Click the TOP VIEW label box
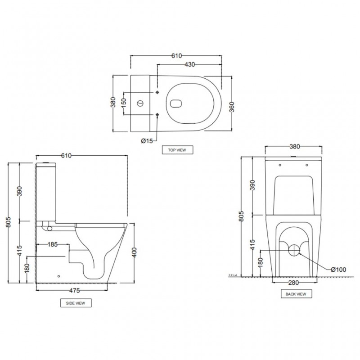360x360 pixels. click(177, 150)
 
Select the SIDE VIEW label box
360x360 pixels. click(76, 303)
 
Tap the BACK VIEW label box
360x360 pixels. click(296, 294)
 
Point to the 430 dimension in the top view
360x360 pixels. click(189, 65)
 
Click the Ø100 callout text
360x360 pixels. click(338, 270)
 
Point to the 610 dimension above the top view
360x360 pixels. click(176, 56)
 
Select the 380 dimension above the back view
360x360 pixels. click(295, 147)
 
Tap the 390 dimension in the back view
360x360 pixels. click(252, 185)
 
